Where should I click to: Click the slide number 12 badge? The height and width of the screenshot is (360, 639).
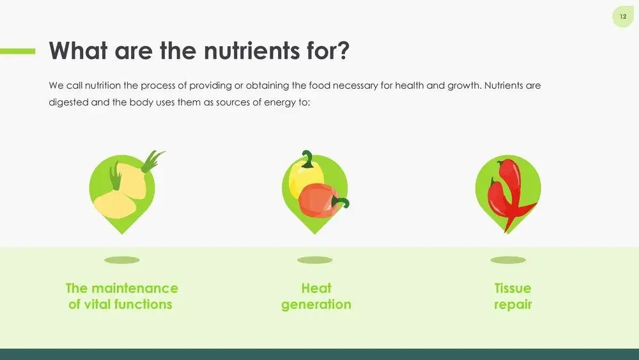622,17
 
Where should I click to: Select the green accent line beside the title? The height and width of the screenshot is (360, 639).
17,51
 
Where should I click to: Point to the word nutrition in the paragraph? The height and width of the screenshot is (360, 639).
103,86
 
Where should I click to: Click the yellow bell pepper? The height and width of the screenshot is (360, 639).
305,178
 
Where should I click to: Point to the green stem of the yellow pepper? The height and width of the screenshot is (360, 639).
308,159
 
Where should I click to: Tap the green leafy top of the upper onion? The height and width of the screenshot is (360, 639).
153,160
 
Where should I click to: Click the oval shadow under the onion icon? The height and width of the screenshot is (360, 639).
122,260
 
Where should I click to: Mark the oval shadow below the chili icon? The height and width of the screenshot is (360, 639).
508,260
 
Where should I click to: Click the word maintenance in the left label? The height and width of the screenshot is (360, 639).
135,288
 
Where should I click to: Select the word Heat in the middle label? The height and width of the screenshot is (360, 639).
316,288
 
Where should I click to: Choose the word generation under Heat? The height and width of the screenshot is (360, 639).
316,305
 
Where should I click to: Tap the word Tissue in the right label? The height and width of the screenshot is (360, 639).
512,288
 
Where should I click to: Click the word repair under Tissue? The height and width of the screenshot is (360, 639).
512,305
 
